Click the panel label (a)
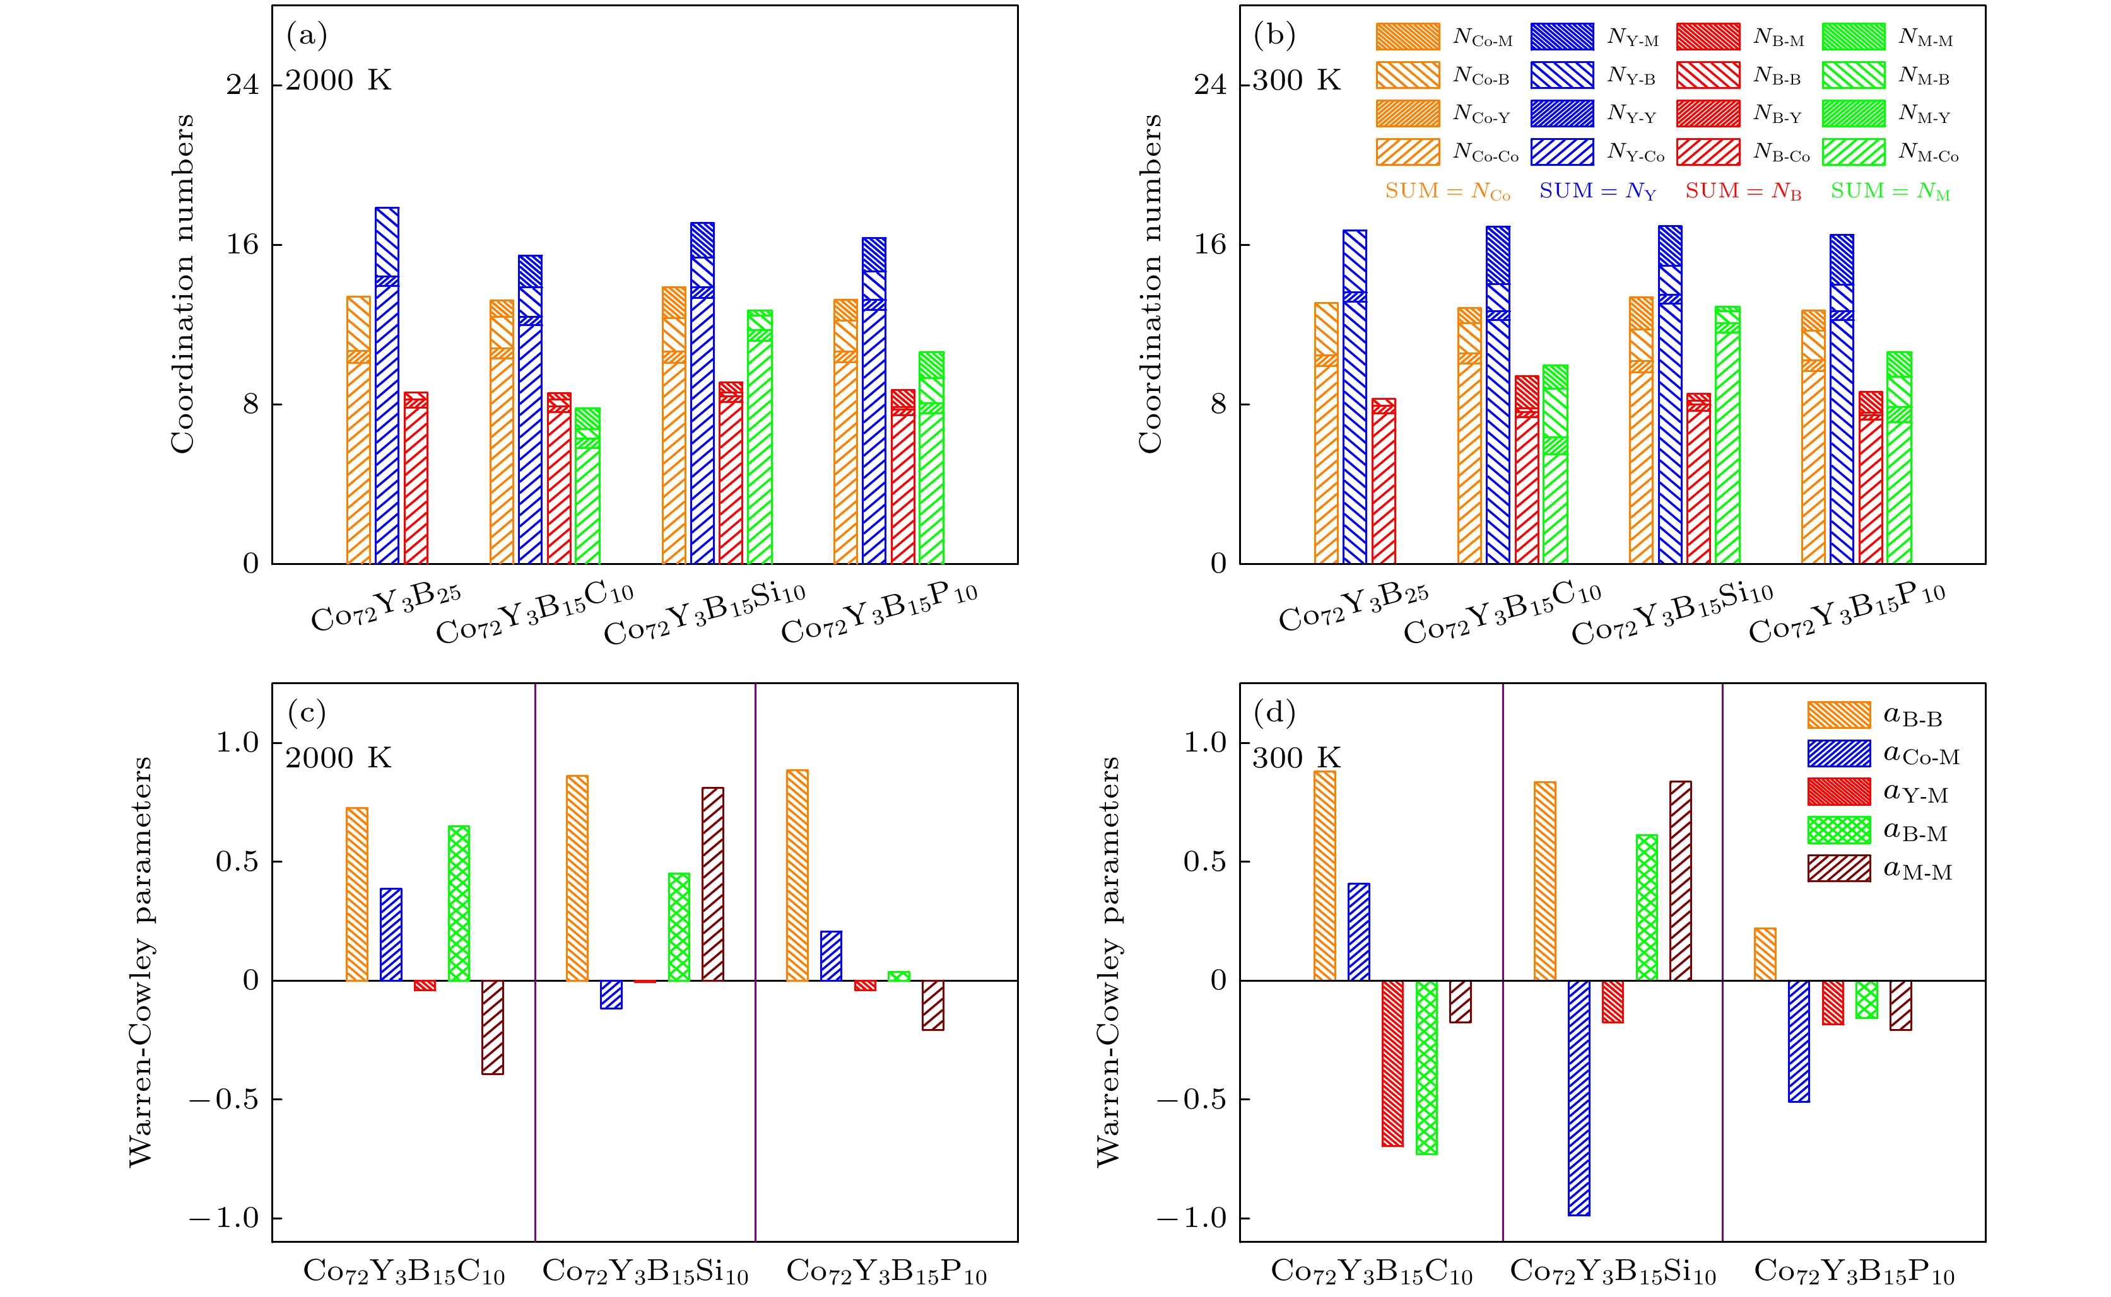(x=307, y=35)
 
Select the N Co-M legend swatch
(x=1408, y=37)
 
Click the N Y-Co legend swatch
(x=1561, y=153)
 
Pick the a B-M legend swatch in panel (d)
(x=1838, y=830)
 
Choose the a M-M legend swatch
(x=1838, y=869)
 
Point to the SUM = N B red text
(x=1743, y=191)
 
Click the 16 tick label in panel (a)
(x=242, y=245)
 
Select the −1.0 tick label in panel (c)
(x=223, y=1218)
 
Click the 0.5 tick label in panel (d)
(x=1205, y=861)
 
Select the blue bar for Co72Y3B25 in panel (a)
(x=387, y=386)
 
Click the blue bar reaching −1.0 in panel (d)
(x=1579, y=1098)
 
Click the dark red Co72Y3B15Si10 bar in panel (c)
(x=713, y=883)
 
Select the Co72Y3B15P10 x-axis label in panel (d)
(x=1854, y=1271)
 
